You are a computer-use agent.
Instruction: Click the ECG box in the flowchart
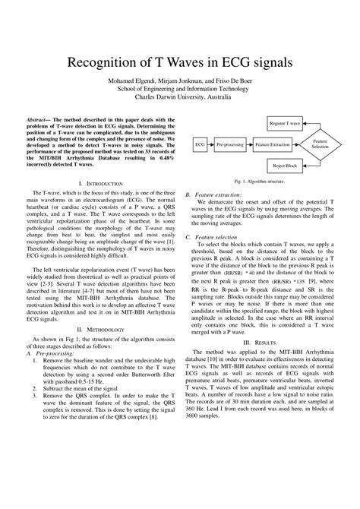pos(200,143)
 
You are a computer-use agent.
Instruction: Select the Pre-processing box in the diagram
pos(229,143)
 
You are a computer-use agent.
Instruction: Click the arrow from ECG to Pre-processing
pos(210,143)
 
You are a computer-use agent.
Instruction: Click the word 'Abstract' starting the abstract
pos(45,120)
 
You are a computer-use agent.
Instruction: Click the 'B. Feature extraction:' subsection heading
pos(214,195)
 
